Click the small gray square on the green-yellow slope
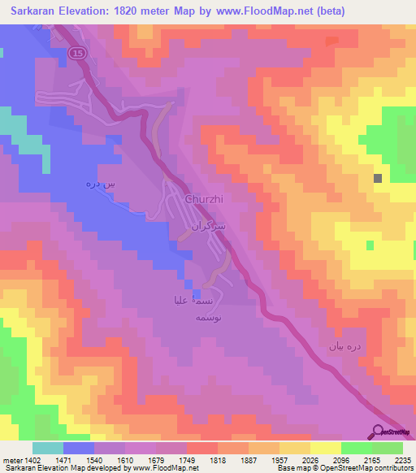tap(378, 178)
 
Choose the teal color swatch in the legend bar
tap(48, 448)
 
